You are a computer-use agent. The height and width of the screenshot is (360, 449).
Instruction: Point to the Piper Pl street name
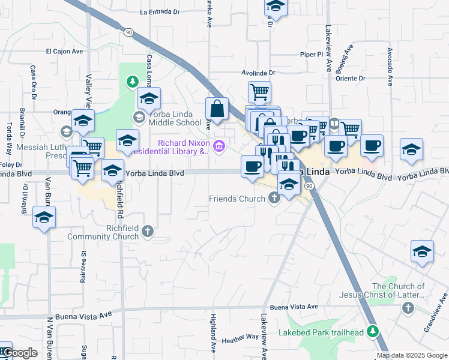[x=312, y=54]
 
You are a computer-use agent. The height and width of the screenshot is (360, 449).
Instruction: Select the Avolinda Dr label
[x=258, y=73]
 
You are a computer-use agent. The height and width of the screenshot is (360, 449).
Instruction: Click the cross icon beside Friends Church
[x=274, y=198]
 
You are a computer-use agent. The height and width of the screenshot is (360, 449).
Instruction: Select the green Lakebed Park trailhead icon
[x=373, y=331]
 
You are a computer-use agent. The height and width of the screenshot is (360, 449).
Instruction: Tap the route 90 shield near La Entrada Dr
[x=128, y=32]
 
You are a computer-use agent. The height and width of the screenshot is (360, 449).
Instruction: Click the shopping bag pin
[x=217, y=109]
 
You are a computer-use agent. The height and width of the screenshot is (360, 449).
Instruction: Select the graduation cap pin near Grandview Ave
[x=422, y=253]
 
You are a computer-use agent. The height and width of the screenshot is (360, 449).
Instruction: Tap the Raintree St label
[x=84, y=267]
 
